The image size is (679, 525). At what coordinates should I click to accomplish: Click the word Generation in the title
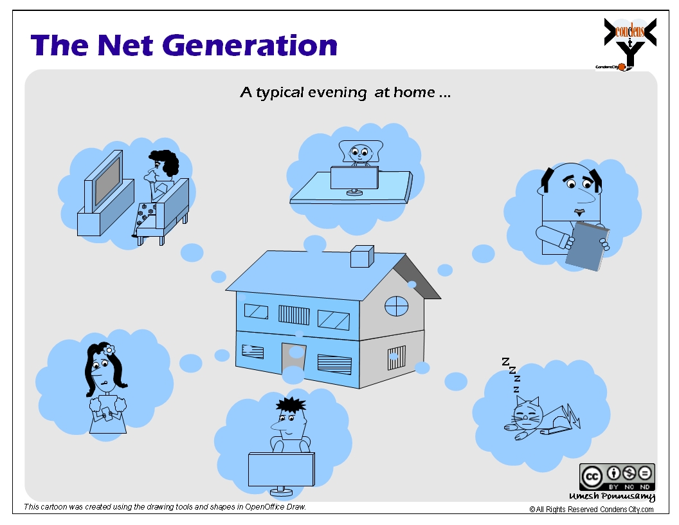coord(251,45)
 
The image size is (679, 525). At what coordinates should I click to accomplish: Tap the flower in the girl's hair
coord(109,349)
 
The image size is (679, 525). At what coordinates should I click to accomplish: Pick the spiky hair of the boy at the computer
coord(291,406)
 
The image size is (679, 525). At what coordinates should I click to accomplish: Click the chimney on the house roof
coord(361,256)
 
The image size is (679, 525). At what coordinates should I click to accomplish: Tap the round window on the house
coord(396,306)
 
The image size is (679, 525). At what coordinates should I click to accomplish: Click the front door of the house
coord(293,360)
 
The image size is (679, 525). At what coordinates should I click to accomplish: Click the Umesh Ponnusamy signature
coord(612,497)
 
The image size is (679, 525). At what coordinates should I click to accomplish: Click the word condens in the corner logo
coord(629,30)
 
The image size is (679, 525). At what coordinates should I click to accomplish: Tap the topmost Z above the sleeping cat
coord(505,362)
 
